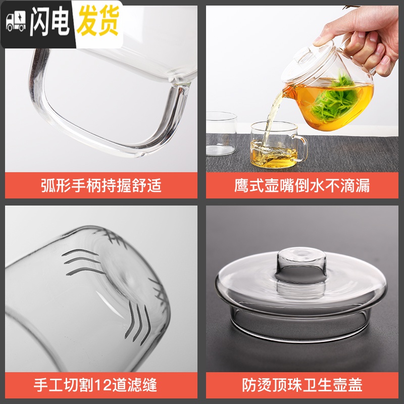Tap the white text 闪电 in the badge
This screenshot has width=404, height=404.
(48, 23)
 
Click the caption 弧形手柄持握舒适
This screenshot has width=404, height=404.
(101, 185)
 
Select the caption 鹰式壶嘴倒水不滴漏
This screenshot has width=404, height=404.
(302, 185)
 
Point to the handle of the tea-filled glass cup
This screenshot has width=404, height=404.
(301, 146)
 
